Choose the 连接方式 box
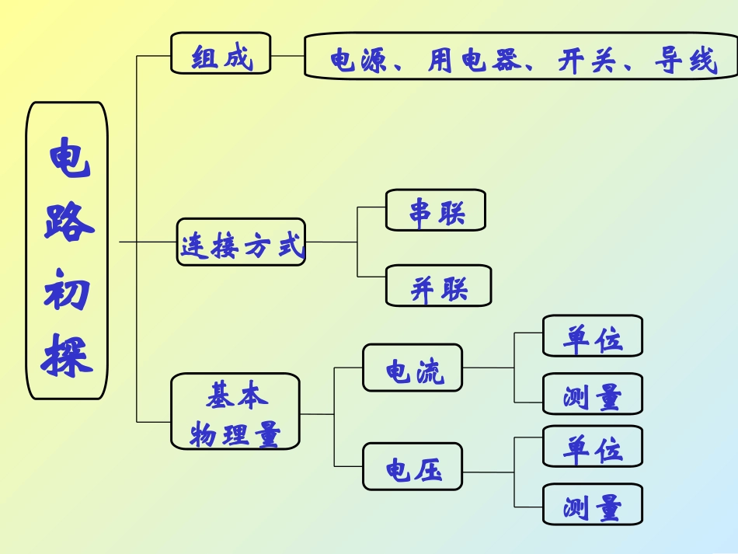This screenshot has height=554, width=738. [x=241, y=242]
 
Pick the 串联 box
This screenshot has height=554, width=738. [x=436, y=210]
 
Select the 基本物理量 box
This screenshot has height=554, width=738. [x=235, y=412]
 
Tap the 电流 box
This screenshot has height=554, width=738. [x=413, y=368]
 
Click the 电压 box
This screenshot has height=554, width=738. [x=413, y=466]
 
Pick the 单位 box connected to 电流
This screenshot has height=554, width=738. [x=593, y=336]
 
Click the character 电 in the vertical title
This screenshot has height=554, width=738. [x=68, y=156]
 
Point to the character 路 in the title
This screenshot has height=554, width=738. [x=68, y=221]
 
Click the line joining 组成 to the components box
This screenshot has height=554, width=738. [x=287, y=56]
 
